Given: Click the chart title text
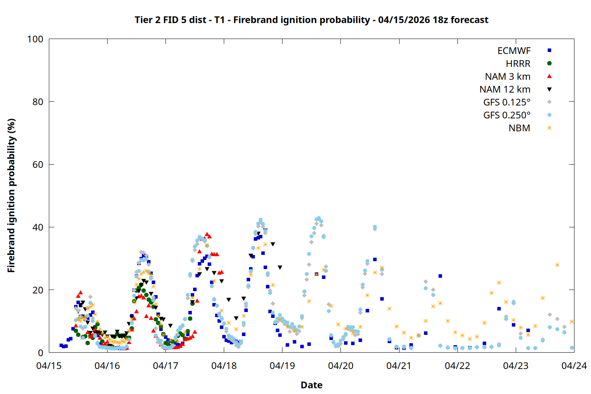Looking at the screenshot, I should coord(311,20).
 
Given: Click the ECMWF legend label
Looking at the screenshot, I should coord(514,51).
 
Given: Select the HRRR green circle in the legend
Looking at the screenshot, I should coord(549,63).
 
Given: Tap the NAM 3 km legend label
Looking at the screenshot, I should coord(507,76).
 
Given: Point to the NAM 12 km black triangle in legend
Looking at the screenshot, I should coord(549,89).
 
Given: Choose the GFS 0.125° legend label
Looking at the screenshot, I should coord(507,102).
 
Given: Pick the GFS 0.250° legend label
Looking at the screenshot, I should coord(507,115).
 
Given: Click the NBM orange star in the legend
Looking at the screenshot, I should coord(549,128).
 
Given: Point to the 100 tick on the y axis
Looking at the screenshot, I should coord(35,39).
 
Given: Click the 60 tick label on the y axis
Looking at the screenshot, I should coord(38,165).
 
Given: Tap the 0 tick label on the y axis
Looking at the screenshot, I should coord(41,353).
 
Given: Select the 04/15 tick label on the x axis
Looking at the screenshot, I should coord(49,366).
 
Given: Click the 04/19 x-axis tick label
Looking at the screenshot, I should coord(282,366).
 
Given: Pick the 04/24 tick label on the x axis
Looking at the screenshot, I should coord(574,366).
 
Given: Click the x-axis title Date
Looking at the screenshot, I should coord(311,385).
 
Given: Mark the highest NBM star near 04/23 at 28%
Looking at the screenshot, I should coord(557,265).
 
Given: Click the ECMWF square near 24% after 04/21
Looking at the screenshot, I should coord(440,276).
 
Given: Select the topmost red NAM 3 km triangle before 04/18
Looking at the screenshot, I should coord(207,234).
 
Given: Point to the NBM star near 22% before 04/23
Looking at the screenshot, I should coord(499,283).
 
